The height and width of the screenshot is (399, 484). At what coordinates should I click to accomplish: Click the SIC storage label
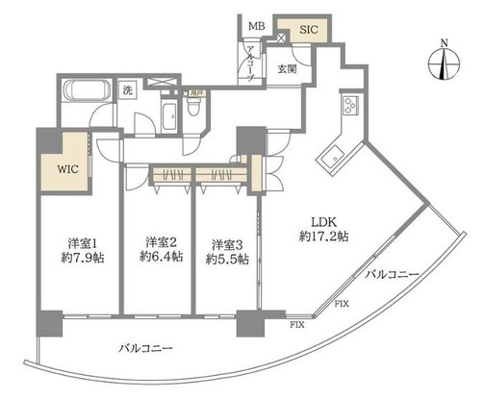point(308,30)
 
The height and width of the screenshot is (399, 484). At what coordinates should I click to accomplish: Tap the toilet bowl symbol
point(194,110)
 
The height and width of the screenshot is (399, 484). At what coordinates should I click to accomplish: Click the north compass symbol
point(442,62)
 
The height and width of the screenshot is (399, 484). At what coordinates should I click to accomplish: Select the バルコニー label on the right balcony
point(393,276)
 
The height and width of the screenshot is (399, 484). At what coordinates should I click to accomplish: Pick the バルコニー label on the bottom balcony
point(146,347)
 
